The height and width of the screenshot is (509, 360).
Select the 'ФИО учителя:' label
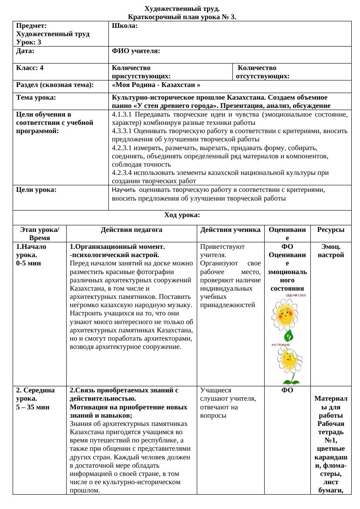[135, 51]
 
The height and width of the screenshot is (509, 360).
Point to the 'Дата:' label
[25, 51]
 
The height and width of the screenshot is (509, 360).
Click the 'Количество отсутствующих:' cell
[262, 72]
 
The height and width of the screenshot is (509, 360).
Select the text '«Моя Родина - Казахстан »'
[156, 85]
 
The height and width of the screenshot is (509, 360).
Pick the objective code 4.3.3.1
[123, 131]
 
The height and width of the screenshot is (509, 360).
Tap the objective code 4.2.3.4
[123, 173]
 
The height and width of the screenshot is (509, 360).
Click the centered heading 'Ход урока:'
[182, 215]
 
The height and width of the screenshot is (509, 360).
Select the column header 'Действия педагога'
[131, 229]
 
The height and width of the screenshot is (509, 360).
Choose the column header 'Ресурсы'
[331, 229]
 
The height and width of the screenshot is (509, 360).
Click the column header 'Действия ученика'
[231, 229]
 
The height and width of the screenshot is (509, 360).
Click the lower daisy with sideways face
[289, 360]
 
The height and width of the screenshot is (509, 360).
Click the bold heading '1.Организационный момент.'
[117, 246]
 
